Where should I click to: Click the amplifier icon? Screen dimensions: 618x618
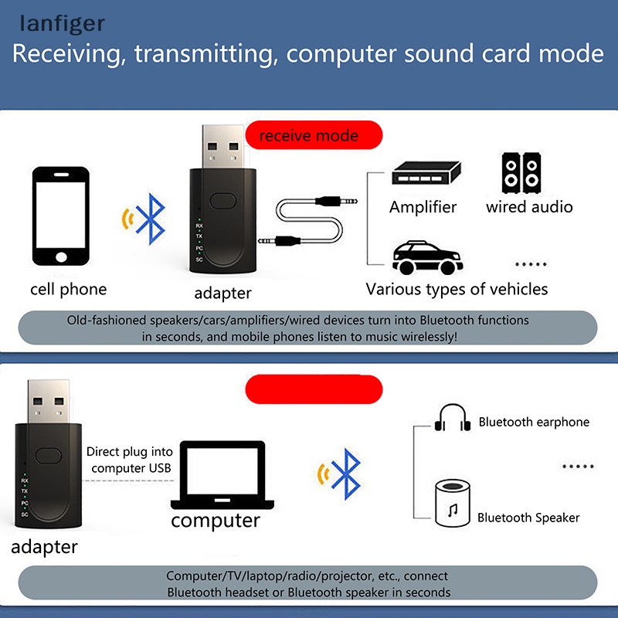pos(424,177)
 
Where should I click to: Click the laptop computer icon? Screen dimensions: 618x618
pos(222,475)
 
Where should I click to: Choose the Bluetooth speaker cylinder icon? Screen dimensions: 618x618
pos(453,502)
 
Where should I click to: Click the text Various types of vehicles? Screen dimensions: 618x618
pos(457,289)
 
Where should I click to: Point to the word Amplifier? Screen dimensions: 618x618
pos(423,207)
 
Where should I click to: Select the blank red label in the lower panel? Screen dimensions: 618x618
pos(314,389)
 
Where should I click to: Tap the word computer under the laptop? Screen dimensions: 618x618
pos(216,520)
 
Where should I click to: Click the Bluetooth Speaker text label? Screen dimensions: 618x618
pos(528,518)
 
